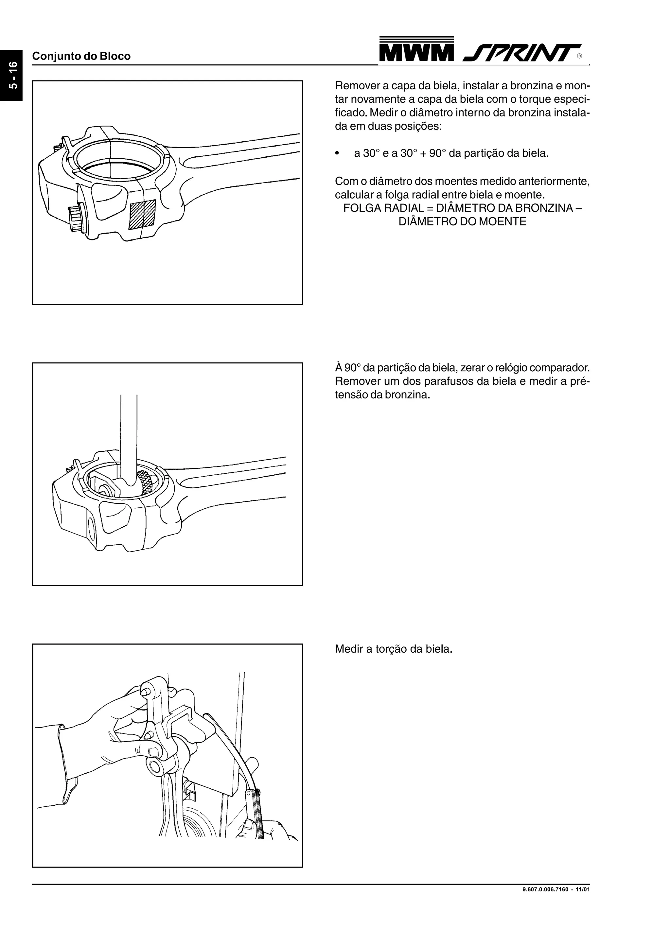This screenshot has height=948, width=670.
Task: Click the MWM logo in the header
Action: tap(416, 50)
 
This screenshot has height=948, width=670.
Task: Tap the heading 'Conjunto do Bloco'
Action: tap(81, 56)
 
